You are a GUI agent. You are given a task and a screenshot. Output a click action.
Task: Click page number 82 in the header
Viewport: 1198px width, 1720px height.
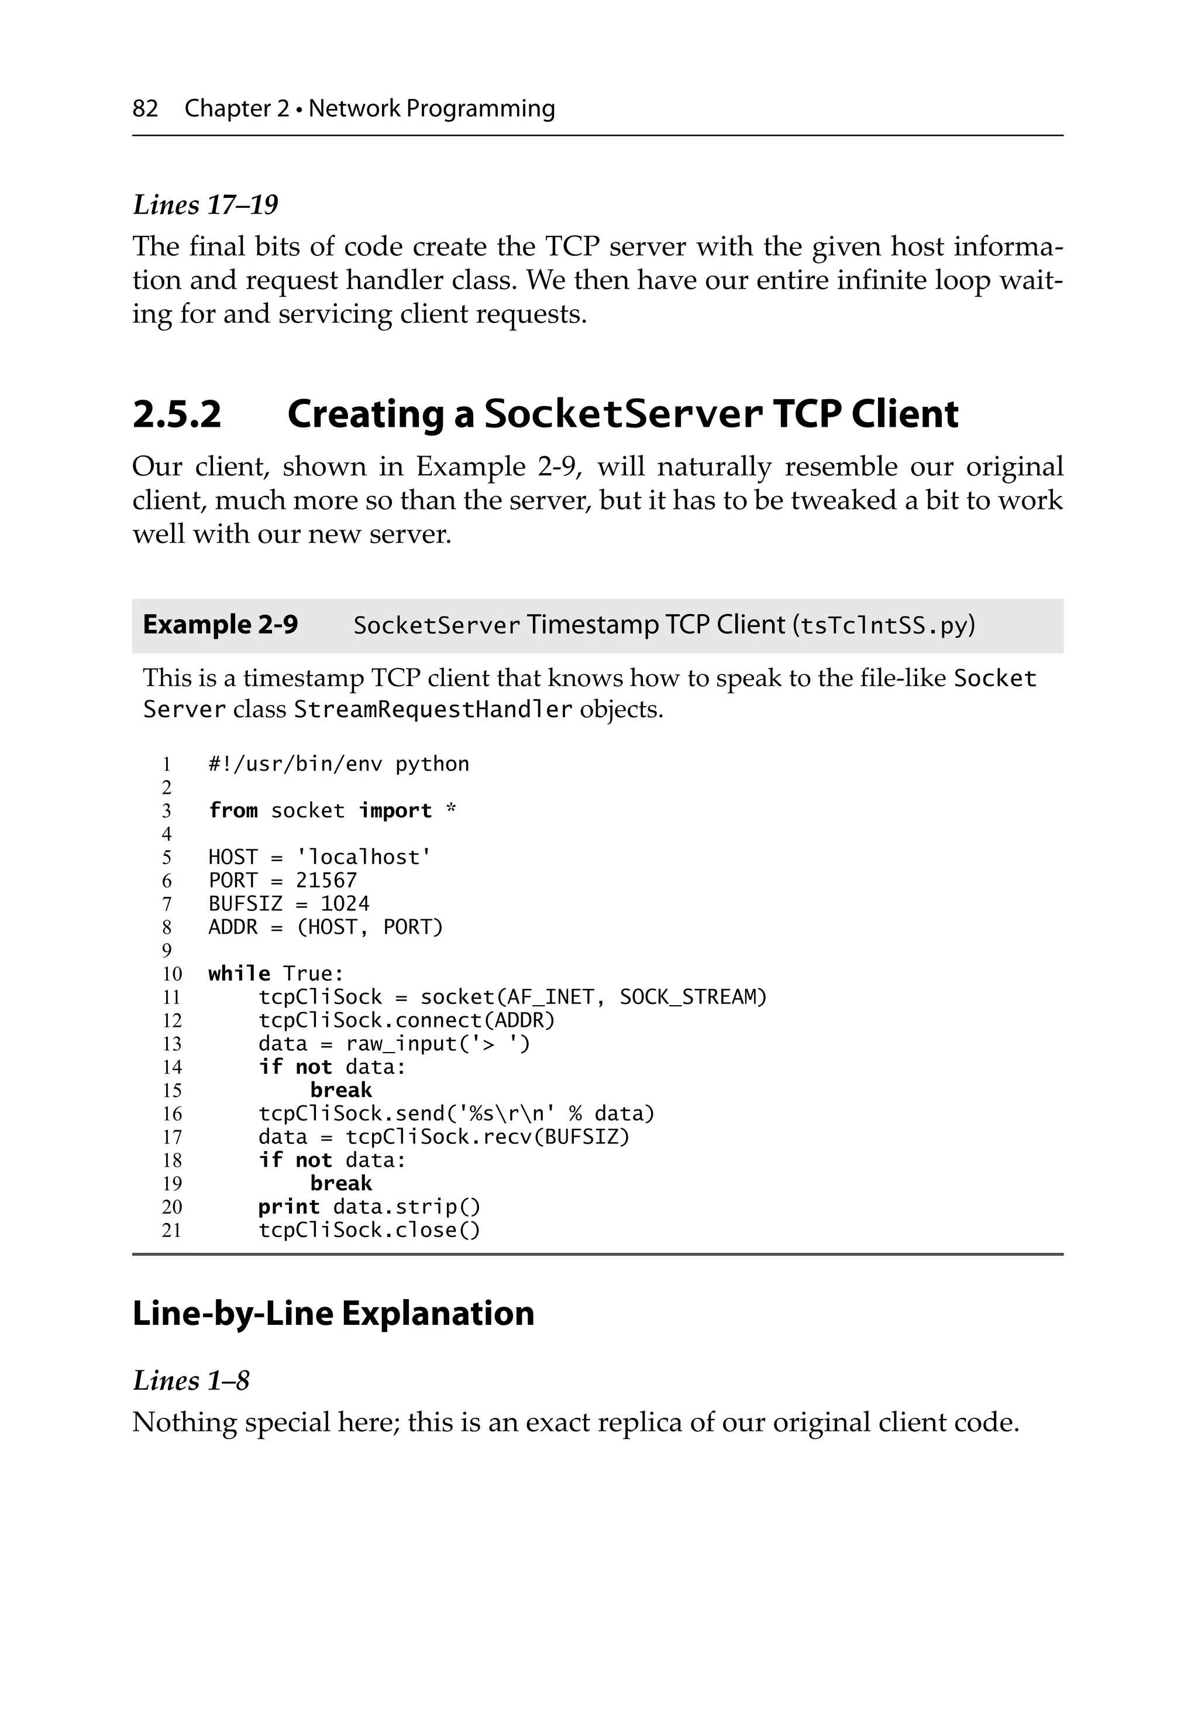[x=145, y=109]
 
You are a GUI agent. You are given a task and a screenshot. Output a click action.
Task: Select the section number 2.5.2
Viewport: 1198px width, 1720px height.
[x=177, y=414]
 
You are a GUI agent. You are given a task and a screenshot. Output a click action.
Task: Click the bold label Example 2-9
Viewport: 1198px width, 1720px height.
[x=220, y=625]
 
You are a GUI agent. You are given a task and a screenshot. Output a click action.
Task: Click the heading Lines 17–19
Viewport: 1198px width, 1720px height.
[x=205, y=204]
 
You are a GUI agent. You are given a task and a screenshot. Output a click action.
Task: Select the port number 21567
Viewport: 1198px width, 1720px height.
[x=326, y=880]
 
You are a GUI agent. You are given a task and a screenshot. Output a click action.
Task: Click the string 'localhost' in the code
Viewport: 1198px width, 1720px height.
[x=364, y=857]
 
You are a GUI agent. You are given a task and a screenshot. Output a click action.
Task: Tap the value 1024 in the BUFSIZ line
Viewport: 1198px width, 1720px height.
[x=345, y=903]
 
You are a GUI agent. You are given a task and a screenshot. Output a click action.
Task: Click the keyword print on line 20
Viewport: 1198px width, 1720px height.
[x=289, y=1207]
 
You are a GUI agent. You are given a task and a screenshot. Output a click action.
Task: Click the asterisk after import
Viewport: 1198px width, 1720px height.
[x=451, y=810]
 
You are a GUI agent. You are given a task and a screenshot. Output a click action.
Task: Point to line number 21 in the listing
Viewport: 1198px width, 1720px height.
[x=171, y=1231]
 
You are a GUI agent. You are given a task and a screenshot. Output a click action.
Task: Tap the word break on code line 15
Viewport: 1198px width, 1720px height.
[x=340, y=1090]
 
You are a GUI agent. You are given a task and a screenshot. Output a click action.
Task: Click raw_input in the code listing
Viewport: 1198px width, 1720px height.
[x=401, y=1044]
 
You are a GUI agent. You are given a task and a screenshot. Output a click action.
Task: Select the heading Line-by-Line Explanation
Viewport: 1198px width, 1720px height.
[x=333, y=1313]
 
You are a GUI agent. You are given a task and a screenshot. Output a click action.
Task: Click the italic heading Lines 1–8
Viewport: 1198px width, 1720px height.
[x=191, y=1380]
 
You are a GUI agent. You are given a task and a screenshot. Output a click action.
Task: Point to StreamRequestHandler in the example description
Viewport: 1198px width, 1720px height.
[x=433, y=709]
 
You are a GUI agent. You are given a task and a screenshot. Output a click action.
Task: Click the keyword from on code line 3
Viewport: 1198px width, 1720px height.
[x=233, y=811]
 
